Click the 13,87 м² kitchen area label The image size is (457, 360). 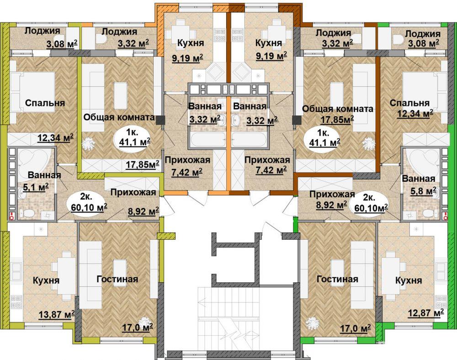click(x=57, y=315)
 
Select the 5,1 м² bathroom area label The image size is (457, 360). click(x=36, y=187)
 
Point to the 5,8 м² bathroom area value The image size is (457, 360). click(x=423, y=191)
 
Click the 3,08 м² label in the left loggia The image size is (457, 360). click(x=62, y=44)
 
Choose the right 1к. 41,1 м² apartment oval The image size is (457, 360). click(x=324, y=138)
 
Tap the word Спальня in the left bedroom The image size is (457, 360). click(x=45, y=103)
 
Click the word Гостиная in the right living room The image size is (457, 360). click(x=337, y=279)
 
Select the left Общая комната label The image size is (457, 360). click(x=119, y=117)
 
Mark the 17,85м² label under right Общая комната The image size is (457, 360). click(x=338, y=119)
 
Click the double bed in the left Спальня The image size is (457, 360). click(x=32, y=92)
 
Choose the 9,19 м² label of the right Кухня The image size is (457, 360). click(x=271, y=56)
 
